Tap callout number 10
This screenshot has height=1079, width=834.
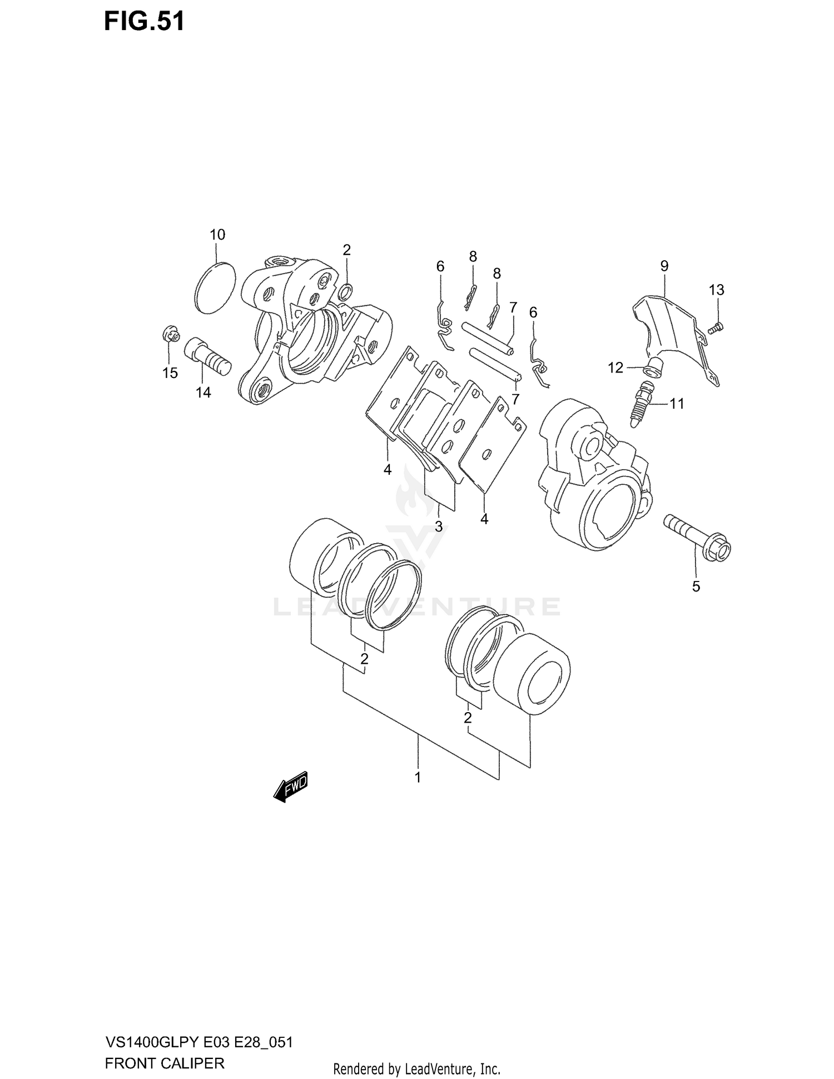(x=217, y=235)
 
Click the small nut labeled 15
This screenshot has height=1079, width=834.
(x=171, y=335)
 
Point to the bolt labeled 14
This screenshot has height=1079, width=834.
(x=207, y=359)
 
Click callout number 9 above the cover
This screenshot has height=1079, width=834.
(x=664, y=266)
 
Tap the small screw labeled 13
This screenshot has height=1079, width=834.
(x=716, y=328)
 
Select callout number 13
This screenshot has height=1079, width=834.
(x=717, y=290)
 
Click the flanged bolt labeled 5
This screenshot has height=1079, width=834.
(x=698, y=538)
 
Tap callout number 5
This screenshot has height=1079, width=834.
(x=696, y=586)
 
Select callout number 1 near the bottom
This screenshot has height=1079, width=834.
(x=418, y=777)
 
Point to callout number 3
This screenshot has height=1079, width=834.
(x=439, y=526)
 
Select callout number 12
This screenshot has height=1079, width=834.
(x=615, y=368)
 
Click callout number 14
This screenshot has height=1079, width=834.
(x=203, y=392)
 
